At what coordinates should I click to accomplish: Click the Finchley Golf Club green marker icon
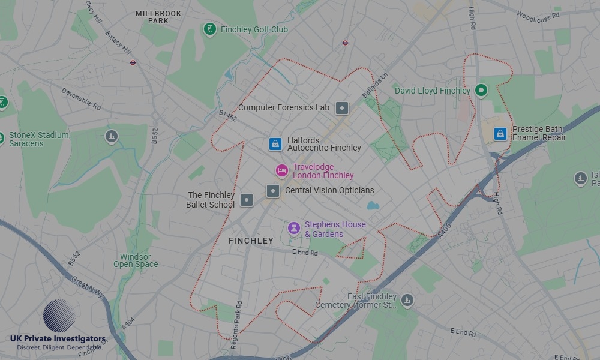click(x=209, y=29)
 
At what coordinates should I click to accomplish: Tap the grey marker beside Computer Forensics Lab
click(x=341, y=108)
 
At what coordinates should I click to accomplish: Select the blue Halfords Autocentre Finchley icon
click(x=275, y=143)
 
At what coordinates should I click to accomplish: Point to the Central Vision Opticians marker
click(x=273, y=191)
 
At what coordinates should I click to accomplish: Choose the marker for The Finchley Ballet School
click(x=247, y=200)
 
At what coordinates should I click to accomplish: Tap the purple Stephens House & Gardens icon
click(x=293, y=228)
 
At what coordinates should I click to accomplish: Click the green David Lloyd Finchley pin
click(x=481, y=91)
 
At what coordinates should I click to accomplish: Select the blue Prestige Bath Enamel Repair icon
click(x=500, y=133)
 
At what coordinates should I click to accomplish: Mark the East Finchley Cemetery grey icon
click(x=407, y=300)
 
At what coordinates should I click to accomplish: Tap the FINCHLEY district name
click(x=251, y=241)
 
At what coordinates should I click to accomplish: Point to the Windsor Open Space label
click(x=136, y=260)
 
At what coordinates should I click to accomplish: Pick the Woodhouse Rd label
click(x=537, y=14)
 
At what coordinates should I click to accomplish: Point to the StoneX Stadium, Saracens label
click(x=40, y=139)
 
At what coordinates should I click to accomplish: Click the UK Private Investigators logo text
click(x=58, y=339)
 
